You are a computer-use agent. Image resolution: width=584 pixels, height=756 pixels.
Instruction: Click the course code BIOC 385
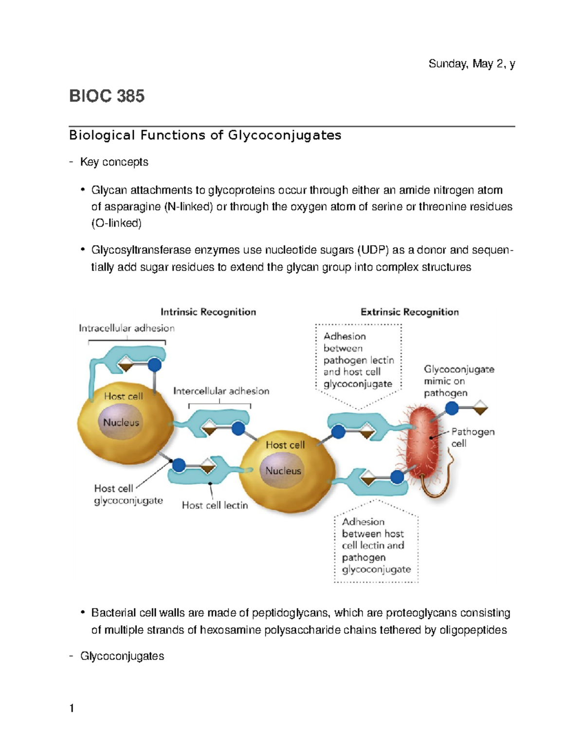pyautogui.click(x=107, y=96)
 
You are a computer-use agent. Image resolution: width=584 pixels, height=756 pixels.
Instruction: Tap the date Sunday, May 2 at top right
pyautogui.click(x=471, y=64)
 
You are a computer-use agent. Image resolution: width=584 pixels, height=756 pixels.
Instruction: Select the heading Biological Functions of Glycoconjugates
pyautogui.click(x=205, y=135)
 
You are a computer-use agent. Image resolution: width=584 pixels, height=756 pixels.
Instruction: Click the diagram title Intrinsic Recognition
pyautogui.click(x=208, y=312)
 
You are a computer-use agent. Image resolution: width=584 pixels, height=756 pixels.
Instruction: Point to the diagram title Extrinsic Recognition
pyautogui.click(x=409, y=312)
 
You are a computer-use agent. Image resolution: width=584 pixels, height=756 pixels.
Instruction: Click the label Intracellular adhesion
pyautogui.click(x=127, y=328)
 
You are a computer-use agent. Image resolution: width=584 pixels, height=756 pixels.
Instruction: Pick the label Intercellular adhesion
pyautogui.click(x=221, y=391)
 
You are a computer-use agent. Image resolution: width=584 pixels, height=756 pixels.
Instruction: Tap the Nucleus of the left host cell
pyautogui.click(x=121, y=422)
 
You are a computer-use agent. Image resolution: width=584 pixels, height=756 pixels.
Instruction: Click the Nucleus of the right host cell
pyautogui.click(x=283, y=471)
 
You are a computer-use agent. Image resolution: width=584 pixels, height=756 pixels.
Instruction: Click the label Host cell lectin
pyautogui.click(x=215, y=505)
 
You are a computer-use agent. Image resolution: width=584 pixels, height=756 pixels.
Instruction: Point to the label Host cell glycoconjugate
pyautogui.click(x=128, y=494)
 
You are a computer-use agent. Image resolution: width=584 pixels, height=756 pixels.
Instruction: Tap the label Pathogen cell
pyautogui.click(x=473, y=437)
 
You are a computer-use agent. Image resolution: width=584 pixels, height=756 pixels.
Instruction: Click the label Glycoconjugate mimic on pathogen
pyautogui.click(x=458, y=381)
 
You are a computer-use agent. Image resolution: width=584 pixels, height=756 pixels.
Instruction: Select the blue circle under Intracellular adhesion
pyautogui.click(x=154, y=365)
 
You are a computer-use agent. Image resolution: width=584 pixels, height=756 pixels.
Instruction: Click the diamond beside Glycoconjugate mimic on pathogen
pyautogui.click(x=480, y=408)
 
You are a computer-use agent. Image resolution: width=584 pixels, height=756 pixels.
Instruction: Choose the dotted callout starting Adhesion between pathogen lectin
pyautogui.click(x=358, y=360)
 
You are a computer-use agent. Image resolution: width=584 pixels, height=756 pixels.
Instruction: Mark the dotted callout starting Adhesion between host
pyautogui.click(x=376, y=545)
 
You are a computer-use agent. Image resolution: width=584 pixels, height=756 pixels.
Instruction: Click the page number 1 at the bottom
pyautogui.click(x=72, y=708)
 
